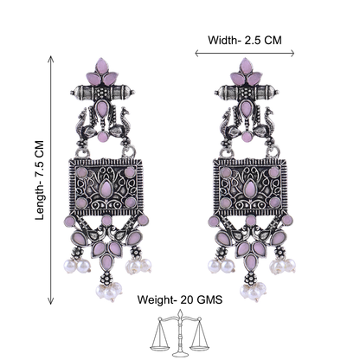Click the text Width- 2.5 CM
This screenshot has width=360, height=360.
(x=245, y=40)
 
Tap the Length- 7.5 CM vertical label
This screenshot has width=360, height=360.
(x=40, y=180)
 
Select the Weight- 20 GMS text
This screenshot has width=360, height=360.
(x=180, y=299)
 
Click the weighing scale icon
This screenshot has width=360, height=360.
(x=180, y=332)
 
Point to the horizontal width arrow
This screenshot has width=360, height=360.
(x=245, y=53)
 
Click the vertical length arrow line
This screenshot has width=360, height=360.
(x=51, y=180)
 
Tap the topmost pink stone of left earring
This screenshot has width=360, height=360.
(x=101, y=66)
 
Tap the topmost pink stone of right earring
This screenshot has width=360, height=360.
(x=246, y=66)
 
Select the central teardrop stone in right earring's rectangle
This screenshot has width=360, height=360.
(x=249, y=189)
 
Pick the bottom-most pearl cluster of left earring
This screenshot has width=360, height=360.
(x=109, y=291)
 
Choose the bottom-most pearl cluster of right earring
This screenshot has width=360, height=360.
(x=254, y=291)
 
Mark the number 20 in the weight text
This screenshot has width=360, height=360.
(x=187, y=299)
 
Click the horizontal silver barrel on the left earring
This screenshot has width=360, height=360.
(x=103, y=93)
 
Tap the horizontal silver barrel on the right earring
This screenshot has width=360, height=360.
(x=247, y=93)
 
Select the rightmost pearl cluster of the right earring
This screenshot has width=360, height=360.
(x=283, y=266)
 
